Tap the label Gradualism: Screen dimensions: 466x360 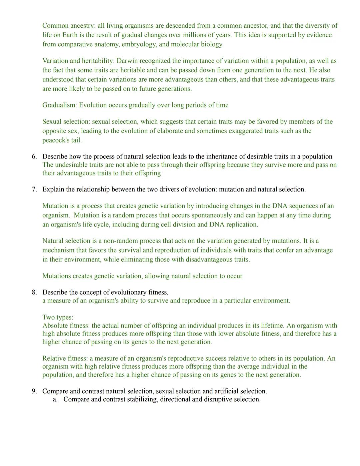60,105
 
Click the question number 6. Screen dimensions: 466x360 34,156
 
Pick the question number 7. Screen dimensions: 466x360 34,189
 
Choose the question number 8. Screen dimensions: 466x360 34,292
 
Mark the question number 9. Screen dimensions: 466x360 34,391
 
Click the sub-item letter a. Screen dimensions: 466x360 55,399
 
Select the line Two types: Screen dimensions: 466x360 58,317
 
